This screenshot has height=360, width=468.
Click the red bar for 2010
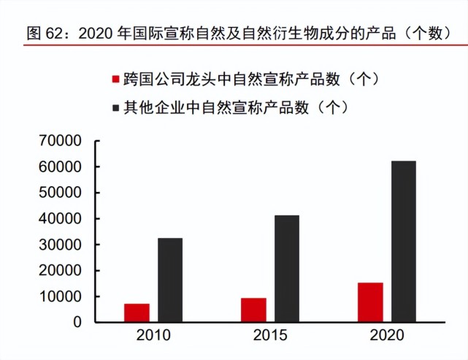point(137,313)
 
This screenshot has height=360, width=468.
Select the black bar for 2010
point(170,280)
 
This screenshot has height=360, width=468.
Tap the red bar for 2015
point(253,310)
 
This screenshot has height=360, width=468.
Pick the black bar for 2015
point(287,269)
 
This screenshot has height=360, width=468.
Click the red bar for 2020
point(370,302)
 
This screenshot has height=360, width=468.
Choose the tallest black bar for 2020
point(403,241)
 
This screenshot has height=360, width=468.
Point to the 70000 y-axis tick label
point(63,141)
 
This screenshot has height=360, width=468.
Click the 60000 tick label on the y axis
point(63,167)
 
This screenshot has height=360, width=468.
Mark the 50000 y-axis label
point(63,193)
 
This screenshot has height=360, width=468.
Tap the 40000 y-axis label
point(63,219)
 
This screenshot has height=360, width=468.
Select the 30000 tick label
point(63,245)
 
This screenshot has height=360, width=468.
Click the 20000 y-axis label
point(63,271)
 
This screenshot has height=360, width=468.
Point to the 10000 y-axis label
point(63,296)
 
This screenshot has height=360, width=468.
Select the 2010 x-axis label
point(153,338)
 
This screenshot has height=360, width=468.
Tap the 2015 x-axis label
point(269,338)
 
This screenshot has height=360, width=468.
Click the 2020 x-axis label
point(386,338)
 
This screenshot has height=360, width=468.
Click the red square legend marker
point(114,79)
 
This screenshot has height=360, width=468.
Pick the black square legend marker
point(114,108)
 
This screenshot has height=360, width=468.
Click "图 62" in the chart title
point(42,33)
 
